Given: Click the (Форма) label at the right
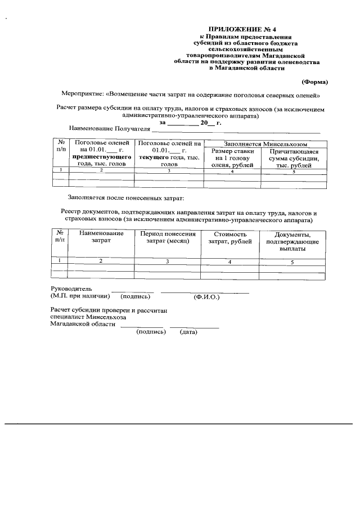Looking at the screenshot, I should (314, 82).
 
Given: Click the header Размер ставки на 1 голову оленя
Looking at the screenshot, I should (232, 158).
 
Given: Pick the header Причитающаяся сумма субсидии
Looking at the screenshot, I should (294, 158).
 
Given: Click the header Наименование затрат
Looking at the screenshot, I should (101, 237).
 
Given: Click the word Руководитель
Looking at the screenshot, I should (67, 288).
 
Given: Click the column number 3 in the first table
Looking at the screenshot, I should (169, 170).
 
